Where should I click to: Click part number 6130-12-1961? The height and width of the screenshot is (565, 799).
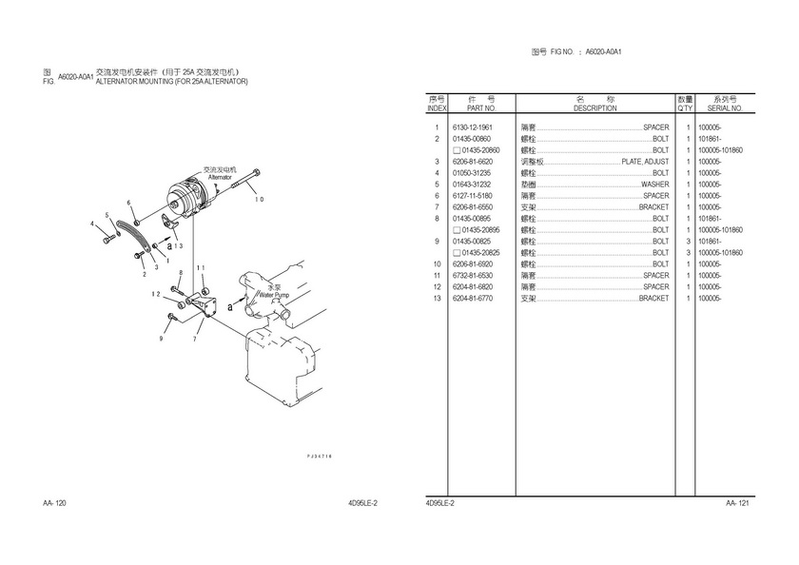[472, 127]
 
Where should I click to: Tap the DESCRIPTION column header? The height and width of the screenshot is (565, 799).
[594, 108]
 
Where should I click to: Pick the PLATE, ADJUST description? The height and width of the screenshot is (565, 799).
[645, 162]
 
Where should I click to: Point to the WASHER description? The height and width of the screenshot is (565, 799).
[654, 185]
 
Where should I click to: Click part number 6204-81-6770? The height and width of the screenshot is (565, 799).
[472, 299]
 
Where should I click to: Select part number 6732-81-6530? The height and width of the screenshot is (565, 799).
[472, 276]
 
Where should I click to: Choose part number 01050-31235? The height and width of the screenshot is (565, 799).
[472, 173]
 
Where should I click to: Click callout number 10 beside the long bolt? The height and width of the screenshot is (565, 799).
[258, 199]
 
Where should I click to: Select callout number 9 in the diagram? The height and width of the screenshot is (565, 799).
[161, 338]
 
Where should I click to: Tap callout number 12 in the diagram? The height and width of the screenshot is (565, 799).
[155, 295]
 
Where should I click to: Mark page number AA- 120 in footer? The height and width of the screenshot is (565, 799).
[54, 502]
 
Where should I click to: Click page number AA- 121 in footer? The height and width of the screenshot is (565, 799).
[738, 502]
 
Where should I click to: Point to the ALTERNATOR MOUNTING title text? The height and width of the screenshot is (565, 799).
[171, 82]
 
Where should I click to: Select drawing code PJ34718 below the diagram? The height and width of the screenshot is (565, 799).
[319, 457]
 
